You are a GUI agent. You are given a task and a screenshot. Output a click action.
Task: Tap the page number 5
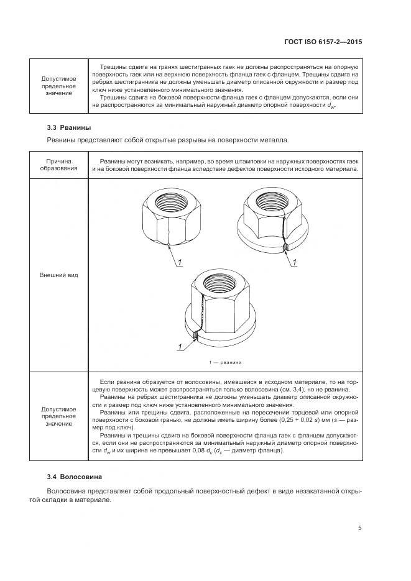[360, 528]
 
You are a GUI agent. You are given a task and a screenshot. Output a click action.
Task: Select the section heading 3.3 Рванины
[65, 127]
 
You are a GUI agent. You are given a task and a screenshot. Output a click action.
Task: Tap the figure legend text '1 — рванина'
[225, 362]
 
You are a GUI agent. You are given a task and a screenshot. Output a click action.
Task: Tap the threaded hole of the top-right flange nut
[269, 201]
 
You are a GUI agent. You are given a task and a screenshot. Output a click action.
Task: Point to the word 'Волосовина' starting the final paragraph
[66, 491]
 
